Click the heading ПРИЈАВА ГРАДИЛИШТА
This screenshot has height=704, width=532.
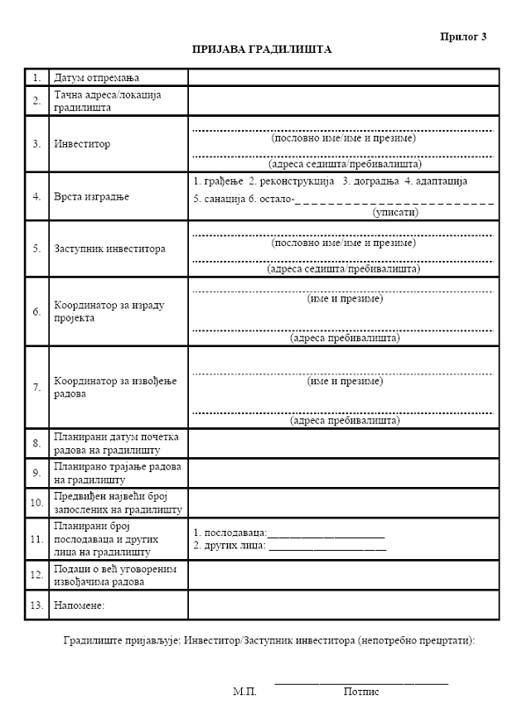[262, 50]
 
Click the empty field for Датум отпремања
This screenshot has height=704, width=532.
[343, 78]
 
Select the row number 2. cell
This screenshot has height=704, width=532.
[36, 101]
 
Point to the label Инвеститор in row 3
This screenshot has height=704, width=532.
[82, 143]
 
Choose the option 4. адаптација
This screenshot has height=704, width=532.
[437, 181]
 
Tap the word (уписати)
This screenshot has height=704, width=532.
[395, 212]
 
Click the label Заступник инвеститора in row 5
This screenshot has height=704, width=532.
[109, 248]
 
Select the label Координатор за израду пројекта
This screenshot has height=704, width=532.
[109, 311]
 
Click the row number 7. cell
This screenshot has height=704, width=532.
[36, 388]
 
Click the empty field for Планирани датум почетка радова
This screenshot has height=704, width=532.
[343, 443]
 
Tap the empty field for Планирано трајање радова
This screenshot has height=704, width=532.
[343, 472]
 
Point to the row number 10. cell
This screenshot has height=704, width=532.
[36, 502]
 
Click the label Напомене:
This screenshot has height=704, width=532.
[80, 605]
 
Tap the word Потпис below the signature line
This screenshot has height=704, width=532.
[361, 690]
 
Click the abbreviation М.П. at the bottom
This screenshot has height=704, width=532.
[245, 690]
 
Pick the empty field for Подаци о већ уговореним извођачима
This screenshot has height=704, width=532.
[343, 575]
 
